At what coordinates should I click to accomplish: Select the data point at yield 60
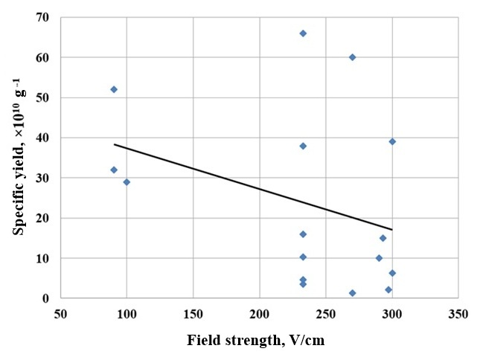[352, 57]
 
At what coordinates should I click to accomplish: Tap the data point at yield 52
[114, 89]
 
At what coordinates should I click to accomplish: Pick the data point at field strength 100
[127, 182]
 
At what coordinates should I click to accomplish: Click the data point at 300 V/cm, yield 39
[392, 141]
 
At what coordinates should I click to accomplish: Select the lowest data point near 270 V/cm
[352, 293]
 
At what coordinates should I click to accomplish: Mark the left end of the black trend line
[114, 144]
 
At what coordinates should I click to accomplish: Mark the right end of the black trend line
[392, 229]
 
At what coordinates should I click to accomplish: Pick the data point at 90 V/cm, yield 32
[114, 170]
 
